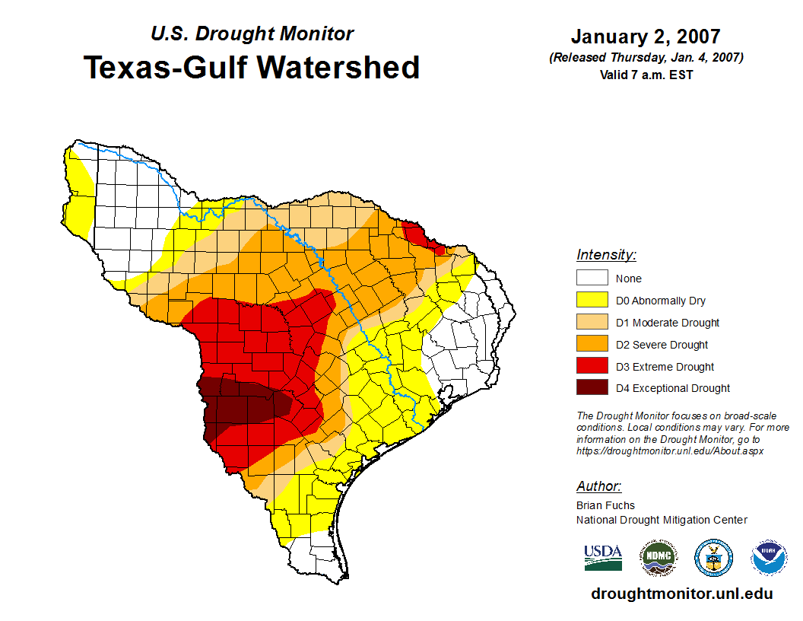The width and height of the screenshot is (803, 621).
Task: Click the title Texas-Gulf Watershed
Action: (252, 67)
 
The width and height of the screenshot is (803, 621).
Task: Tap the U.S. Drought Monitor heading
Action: (252, 33)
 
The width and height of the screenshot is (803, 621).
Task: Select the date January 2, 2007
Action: (646, 37)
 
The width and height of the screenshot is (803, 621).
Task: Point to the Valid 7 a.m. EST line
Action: (646, 75)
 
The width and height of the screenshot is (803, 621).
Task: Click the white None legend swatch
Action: (592, 279)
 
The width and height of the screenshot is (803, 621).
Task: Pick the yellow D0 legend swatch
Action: (592, 301)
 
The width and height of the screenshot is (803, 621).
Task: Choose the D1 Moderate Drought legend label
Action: (667, 323)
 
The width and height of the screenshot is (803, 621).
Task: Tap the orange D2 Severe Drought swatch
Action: (592, 344)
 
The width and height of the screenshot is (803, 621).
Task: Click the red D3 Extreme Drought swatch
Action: (592, 366)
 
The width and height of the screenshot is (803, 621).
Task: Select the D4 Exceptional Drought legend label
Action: (672, 388)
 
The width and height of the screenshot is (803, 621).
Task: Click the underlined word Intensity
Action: (606, 255)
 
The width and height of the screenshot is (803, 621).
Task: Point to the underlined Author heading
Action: (598, 486)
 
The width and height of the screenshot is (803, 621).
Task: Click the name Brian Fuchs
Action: (605, 505)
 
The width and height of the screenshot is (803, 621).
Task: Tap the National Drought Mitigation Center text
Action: (662, 520)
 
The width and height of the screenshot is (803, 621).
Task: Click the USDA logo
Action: (603, 557)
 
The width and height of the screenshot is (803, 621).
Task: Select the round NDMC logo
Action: (658, 558)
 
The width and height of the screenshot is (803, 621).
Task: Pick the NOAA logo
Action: (769, 558)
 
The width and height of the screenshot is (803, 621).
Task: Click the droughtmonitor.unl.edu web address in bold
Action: (681, 594)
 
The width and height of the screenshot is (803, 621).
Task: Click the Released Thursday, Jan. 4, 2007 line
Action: (646, 58)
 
